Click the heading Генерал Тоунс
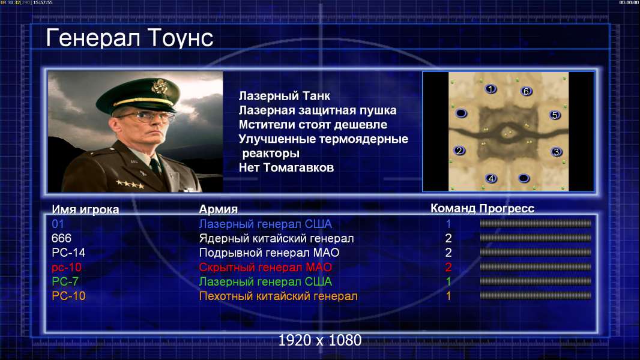[x=130, y=38]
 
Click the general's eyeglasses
[x=145, y=117]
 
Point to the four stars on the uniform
[x=130, y=184]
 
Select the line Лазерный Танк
[x=285, y=96]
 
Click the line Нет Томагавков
[x=286, y=167]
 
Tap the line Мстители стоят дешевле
[x=313, y=125]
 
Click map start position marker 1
[x=491, y=89]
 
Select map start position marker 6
[x=526, y=91]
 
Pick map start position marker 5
[x=555, y=115]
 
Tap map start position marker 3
[x=557, y=152]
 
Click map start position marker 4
[x=491, y=179]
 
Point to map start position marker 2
[x=459, y=151]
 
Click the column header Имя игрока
[x=85, y=209]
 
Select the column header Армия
[x=219, y=209]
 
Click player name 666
[x=61, y=238]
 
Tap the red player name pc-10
[x=67, y=268]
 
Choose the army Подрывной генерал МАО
[x=269, y=253]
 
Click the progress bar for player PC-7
[x=536, y=281]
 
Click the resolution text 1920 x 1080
[x=320, y=340]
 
